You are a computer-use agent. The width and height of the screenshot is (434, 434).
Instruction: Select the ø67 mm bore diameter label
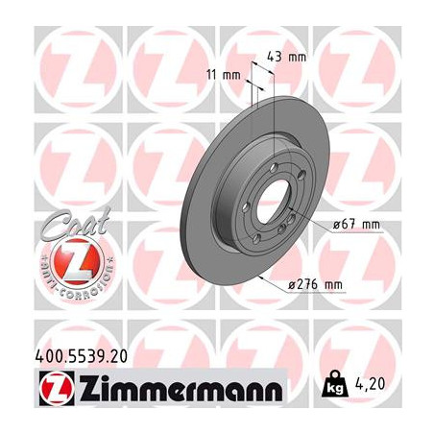tap(356, 225)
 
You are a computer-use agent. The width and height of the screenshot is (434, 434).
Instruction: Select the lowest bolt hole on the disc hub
tap(264, 247)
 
